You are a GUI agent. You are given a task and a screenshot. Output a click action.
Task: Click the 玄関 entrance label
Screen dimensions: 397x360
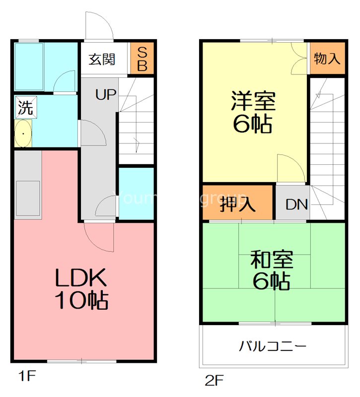[102, 60]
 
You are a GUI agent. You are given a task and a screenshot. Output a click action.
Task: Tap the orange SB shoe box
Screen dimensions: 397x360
[142, 60]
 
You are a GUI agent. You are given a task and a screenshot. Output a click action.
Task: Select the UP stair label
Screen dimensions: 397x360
[106, 95]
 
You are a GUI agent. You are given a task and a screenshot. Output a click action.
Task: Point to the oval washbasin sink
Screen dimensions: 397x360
[23, 133]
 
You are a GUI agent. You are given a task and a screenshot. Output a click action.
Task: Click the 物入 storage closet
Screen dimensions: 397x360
[327, 59]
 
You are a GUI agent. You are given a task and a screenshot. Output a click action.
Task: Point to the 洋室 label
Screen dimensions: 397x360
[252, 102]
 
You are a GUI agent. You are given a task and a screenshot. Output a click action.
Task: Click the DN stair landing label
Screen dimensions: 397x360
[297, 204]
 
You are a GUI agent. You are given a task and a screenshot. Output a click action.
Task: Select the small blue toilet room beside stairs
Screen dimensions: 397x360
[136, 194]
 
